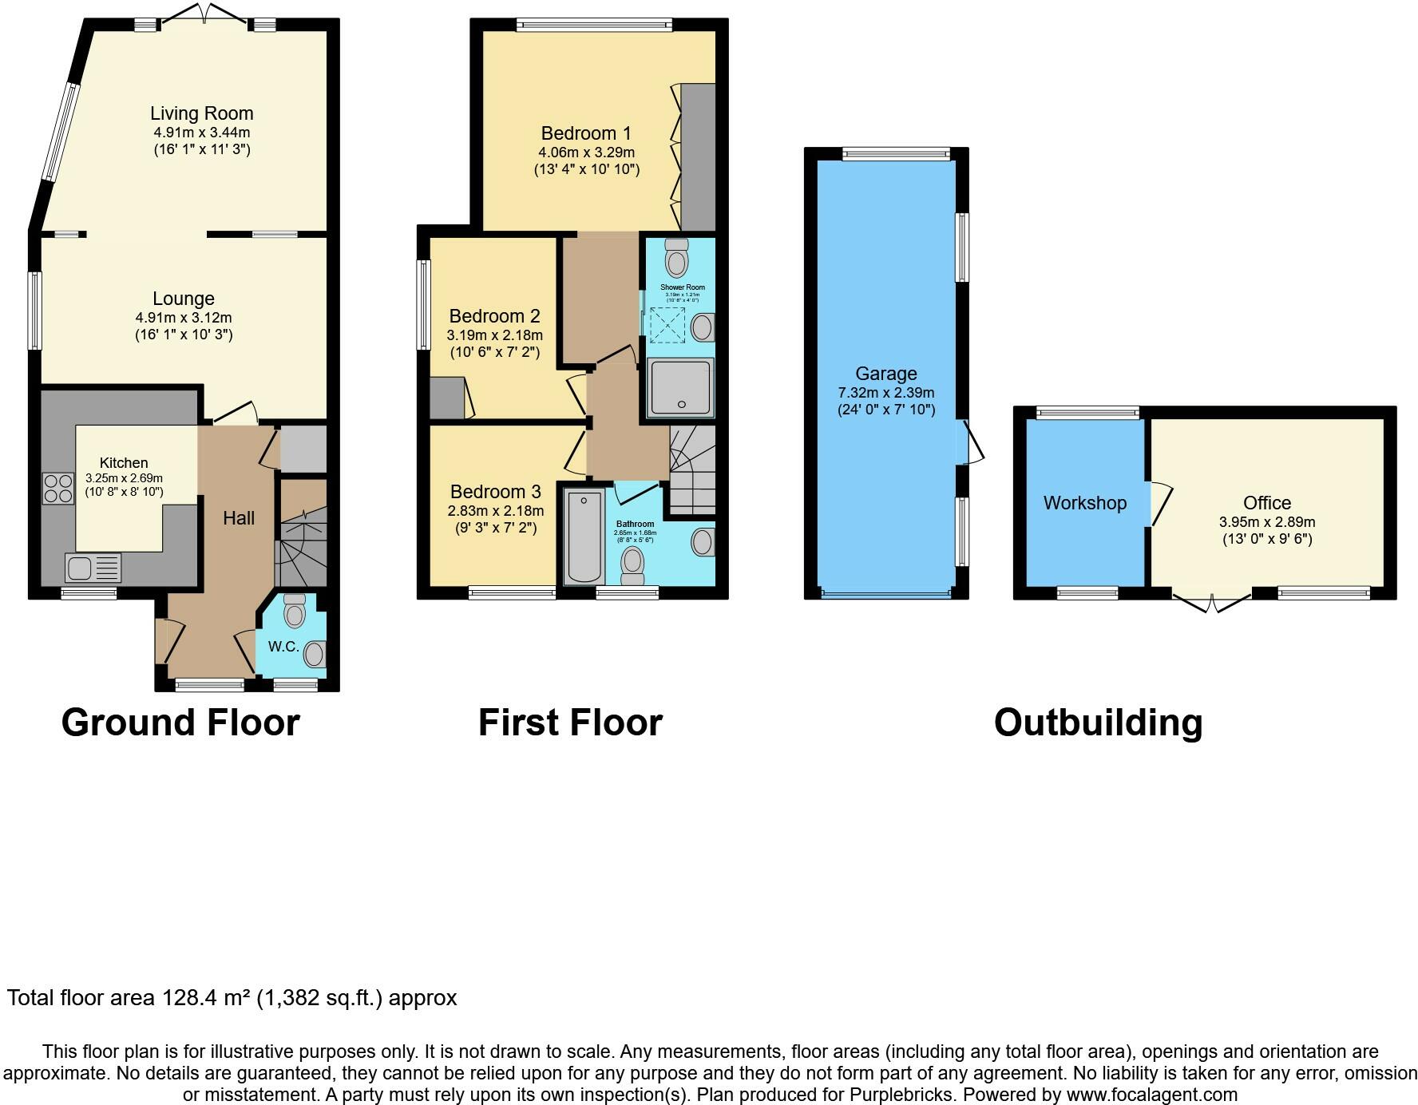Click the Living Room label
[x=201, y=113]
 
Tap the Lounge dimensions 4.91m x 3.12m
[x=184, y=317]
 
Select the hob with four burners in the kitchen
[x=57, y=488]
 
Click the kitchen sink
[x=93, y=568]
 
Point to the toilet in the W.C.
[x=295, y=611]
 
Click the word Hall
[x=239, y=518]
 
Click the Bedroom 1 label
[x=585, y=133]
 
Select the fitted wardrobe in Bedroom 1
[x=698, y=156]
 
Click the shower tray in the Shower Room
[x=680, y=388]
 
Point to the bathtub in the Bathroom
[x=584, y=537]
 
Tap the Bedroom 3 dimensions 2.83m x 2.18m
[x=495, y=511]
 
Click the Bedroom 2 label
[x=494, y=316]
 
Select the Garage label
[x=885, y=374]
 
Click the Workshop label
[x=1084, y=503]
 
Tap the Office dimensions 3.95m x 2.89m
[x=1266, y=521]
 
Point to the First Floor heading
[x=570, y=723]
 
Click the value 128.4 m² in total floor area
[x=207, y=998]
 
